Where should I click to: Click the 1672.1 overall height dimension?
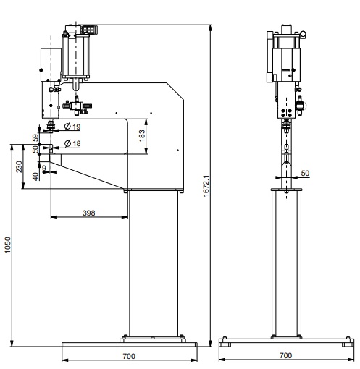[x=206, y=186]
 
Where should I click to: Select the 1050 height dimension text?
[x=8, y=245]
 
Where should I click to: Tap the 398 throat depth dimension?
[x=89, y=213]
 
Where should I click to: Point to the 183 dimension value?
[x=142, y=136]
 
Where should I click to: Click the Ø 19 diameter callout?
[x=72, y=127]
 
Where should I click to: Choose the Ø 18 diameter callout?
[x=72, y=144]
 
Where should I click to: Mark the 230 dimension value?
[x=19, y=167]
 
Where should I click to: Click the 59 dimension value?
[x=35, y=137]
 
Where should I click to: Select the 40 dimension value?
[x=35, y=177]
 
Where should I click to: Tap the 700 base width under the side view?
[x=129, y=356]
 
